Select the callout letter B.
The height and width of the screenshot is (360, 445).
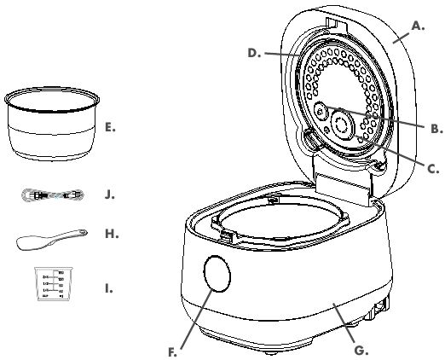[435, 130]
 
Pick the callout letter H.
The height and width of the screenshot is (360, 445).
[108, 233]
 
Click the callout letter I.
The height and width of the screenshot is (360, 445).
[107, 288]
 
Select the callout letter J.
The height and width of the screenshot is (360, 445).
[107, 194]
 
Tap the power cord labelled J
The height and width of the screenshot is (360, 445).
[51, 195]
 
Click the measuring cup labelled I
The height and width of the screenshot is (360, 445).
[48, 287]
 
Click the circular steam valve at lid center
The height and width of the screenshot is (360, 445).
[343, 125]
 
